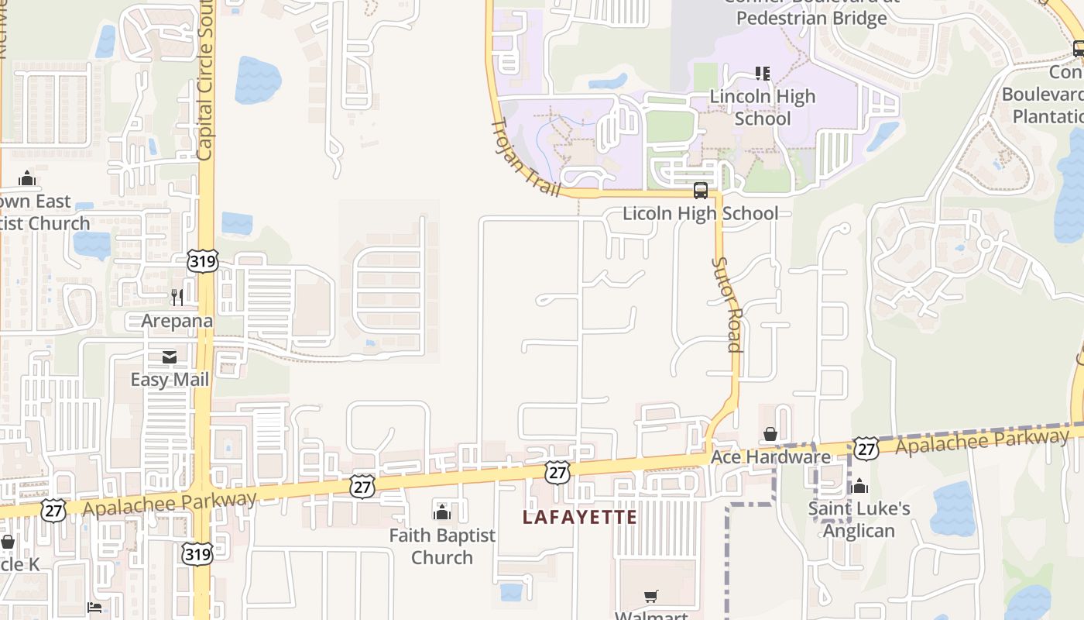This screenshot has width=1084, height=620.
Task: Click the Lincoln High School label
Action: coord(763,108)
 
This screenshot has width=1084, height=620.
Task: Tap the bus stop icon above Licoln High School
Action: coord(701,190)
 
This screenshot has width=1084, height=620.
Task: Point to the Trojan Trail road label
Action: coord(526,157)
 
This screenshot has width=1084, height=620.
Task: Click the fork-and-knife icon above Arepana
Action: coord(177,298)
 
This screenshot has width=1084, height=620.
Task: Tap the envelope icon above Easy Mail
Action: coord(169,357)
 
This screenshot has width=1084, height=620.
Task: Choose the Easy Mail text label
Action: coord(170,380)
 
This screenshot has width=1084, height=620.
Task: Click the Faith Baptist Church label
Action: coord(441,546)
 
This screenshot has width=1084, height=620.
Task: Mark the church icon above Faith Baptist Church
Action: coord(442,511)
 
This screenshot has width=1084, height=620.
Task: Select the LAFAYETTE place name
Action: coord(580,517)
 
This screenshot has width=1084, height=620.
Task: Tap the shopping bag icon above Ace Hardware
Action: coord(770,434)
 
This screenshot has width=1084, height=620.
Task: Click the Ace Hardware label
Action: coord(770,457)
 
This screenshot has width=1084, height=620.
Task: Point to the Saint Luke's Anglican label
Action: coord(859,519)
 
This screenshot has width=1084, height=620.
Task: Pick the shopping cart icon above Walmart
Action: coord(651,597)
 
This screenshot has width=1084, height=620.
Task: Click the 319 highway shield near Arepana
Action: coord(203,261)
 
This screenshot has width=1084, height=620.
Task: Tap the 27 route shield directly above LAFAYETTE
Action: coord(557,472)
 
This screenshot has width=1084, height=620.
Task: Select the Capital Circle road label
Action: coord(205,81)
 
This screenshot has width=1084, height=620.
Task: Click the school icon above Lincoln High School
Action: coord(763,74)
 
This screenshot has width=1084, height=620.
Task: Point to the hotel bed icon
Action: coord(94,607)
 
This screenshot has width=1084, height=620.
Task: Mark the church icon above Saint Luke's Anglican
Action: coord(859,486)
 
